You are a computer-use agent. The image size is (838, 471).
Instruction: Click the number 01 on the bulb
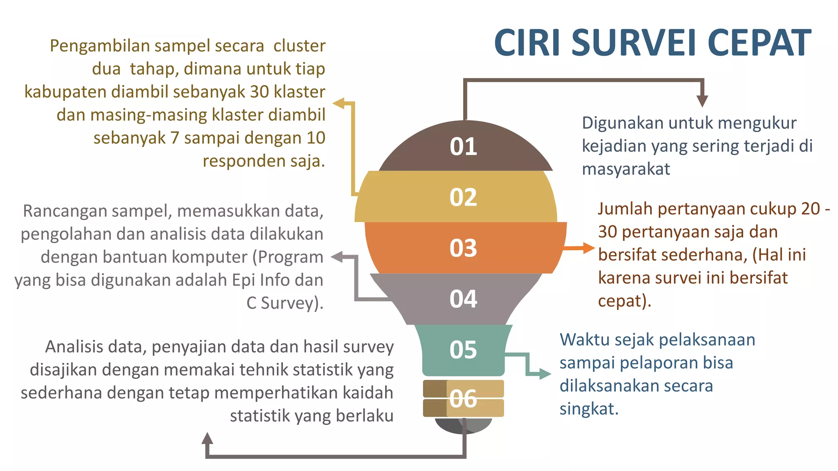pos(463,146)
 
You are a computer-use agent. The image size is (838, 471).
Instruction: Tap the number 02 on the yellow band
pos(463,197)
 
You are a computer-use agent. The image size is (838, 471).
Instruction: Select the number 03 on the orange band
pos(463,248)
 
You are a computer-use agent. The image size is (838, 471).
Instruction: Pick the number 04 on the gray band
pos(463,299)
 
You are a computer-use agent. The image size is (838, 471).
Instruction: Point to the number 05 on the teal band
pos(463,350)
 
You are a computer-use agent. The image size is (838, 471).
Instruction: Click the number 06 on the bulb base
pos(463,399)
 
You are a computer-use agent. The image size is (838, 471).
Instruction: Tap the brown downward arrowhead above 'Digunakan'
pos(702,101)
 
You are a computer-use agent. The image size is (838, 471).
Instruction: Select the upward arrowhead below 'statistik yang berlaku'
pos(207,438)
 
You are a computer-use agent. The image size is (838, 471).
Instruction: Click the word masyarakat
pos(626,169)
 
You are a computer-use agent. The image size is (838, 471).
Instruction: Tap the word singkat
pos(589,409)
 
